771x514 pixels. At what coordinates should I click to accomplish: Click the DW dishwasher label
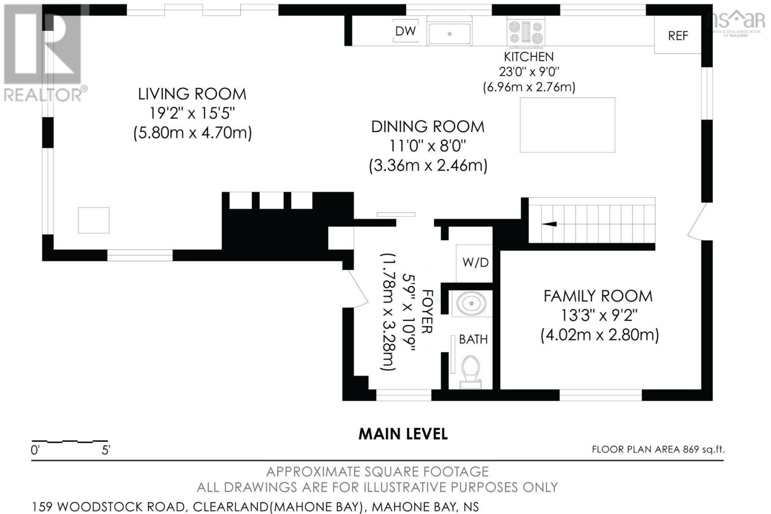click(405, 31)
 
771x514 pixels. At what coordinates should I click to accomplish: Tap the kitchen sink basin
click(449, 33)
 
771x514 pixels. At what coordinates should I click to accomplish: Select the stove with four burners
click(526, 32)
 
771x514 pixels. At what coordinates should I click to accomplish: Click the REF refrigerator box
click(678, 36)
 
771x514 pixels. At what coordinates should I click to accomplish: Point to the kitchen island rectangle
click(568, 125)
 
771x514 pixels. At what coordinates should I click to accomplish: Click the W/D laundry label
click(475, 262)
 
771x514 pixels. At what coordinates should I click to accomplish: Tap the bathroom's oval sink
click(472, 304)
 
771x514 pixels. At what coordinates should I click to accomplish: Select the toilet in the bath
click(470, 372)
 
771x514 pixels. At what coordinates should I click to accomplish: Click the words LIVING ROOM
click(192, 94)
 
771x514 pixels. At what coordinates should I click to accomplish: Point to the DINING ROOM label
click(427, 127)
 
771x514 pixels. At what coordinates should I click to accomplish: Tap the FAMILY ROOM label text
click(598, 296)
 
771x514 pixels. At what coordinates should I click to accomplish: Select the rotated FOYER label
click(427, 311)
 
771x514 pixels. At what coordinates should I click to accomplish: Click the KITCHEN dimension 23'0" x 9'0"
click(529, 72)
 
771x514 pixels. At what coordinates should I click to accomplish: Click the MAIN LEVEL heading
click(403, 434)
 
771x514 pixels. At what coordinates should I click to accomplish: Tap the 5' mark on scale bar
click(106, 450)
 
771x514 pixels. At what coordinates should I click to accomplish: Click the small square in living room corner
click(93, 220)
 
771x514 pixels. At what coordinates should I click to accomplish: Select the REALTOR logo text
click(43, 94)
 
